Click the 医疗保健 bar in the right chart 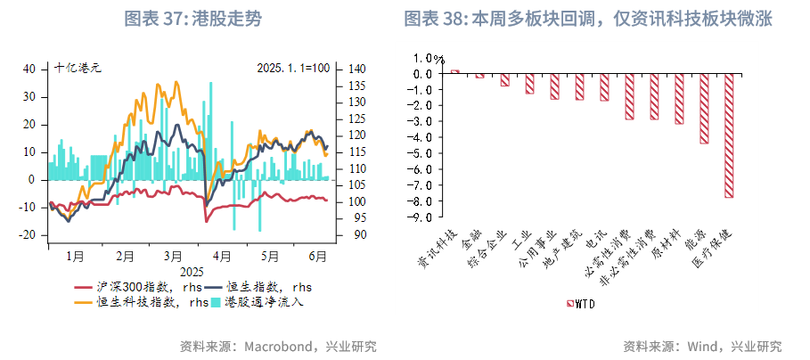tap(729, 135)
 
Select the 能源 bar tap(704, 108)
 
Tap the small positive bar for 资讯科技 tap(454, 71)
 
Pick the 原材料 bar tap(679, 98)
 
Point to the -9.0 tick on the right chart tap(421, 217)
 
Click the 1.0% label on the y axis tap(420, 58)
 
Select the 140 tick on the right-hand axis tap(354, 69)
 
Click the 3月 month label tap(173, 256)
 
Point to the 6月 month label tap(316, 256)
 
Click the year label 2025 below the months tap(192, 271)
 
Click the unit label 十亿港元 tap(78, 68)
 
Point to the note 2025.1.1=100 tap(293, 68)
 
